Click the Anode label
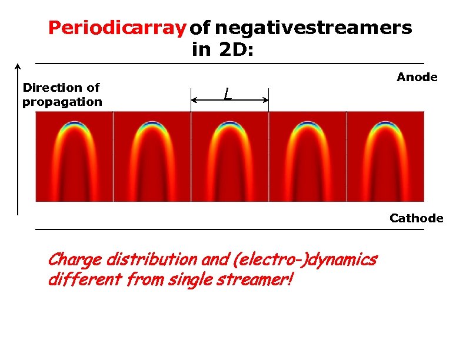(417, 77)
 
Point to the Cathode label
(416, 218)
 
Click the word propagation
(62, 102)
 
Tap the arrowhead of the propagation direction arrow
(18, 66)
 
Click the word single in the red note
(192, 280)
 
